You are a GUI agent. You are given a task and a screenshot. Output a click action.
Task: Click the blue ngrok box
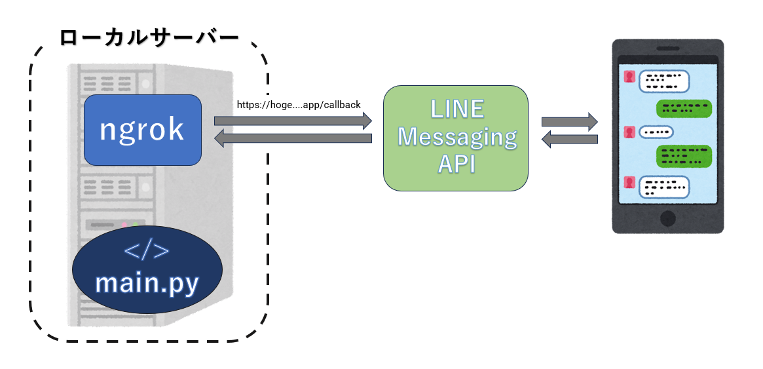pos(142,130)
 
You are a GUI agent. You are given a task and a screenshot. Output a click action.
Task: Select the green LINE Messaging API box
pos(456,138)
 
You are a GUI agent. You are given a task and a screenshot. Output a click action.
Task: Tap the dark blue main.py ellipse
pos(147,270)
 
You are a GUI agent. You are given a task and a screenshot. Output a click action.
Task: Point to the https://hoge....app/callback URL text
pos(299,104)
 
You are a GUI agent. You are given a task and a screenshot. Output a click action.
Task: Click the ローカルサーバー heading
pos(149,37)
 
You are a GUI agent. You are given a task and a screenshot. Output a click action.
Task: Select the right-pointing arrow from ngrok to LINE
pos(293,121)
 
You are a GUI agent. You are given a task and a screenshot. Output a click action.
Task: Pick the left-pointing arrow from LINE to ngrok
pos(293,138)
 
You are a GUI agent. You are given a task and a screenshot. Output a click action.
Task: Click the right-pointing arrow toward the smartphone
pos(569,121)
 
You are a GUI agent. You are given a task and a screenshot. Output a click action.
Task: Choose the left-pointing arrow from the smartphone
pos(569,139)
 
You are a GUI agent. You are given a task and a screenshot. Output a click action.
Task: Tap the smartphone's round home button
pos(667,218)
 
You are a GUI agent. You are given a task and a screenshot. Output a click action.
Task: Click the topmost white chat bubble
pos(664,81)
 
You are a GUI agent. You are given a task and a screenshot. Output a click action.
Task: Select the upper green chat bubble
pos(684,108)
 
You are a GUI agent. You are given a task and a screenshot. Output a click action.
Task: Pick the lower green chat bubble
pos(684,155)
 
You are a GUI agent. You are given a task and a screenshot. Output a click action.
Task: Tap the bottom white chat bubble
pos(664,186)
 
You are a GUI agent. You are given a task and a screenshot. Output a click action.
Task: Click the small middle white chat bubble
pos(656,132)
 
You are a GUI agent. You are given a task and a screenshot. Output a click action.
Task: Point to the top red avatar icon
pos(629,77)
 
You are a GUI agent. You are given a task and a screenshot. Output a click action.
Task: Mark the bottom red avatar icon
pos(629,182)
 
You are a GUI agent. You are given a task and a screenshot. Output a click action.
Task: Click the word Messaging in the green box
pos(457,137)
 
